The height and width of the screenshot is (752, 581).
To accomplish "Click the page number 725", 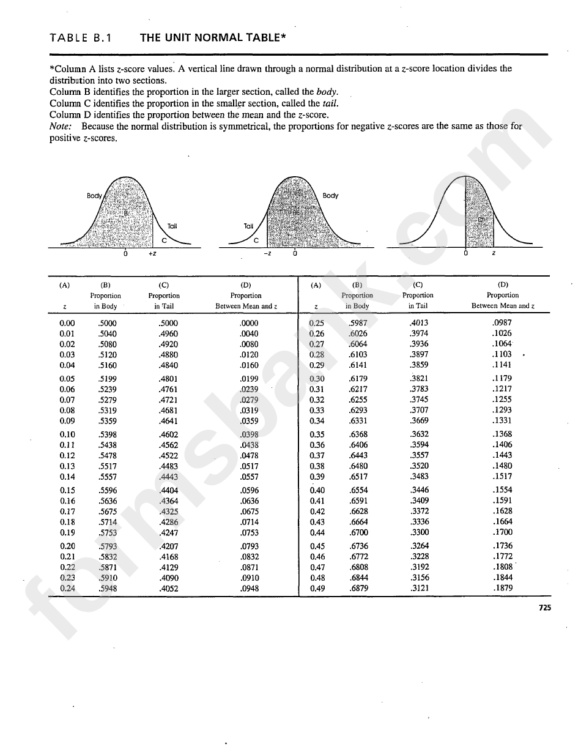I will [545, 608].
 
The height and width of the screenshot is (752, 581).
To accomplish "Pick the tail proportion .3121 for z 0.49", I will [419, 589].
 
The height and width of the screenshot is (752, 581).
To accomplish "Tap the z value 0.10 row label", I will [67, 435].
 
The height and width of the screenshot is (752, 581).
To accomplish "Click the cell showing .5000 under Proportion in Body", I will [107, 323].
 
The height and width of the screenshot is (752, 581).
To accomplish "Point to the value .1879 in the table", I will [502, 589].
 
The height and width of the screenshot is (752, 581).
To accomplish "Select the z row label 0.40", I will [317, 491].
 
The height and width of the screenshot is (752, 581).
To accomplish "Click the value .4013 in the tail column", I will [419, 323].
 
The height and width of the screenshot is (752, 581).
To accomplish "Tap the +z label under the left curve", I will [152, 254].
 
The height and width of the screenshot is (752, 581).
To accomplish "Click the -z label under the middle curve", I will [267, 254].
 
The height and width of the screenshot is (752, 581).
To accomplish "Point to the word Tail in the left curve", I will [172, 226].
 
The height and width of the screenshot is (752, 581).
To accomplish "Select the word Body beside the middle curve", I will [330, 196].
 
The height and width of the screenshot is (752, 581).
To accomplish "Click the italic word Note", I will [61, 127].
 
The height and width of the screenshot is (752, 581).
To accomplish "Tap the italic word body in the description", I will [327, 92].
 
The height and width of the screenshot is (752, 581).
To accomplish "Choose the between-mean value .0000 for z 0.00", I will [249, 323].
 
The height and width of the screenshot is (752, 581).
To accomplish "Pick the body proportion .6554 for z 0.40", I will [358, 491].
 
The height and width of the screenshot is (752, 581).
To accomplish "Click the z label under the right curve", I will [494, 254].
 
